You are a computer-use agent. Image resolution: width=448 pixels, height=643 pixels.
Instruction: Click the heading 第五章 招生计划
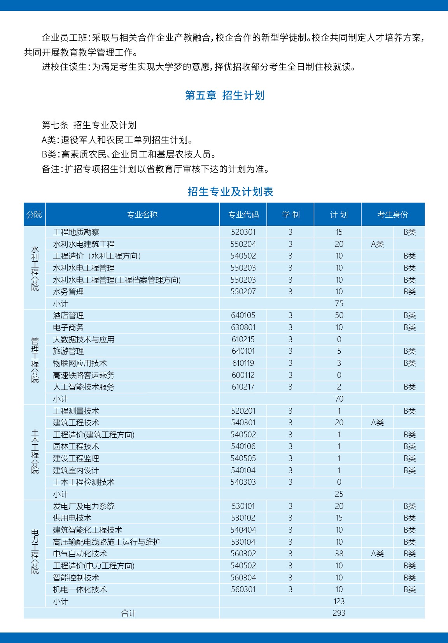click(225, 95)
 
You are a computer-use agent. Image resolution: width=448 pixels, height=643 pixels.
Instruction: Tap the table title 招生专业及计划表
click(230, 192)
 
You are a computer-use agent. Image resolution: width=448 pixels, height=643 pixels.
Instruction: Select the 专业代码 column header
click(243, 215)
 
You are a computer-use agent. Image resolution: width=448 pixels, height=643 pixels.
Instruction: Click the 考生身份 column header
click(392, 215)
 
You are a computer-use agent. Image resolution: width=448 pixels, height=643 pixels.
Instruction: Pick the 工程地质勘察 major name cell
click(76, 232)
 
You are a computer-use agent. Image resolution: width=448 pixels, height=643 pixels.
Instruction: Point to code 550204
click(243, 244)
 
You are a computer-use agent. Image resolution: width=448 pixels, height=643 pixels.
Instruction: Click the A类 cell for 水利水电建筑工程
click(377, 244)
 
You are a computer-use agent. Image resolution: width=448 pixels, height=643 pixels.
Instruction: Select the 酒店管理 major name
click(68, 315)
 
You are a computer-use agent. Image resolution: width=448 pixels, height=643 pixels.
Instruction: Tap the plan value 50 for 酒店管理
click(339, 315)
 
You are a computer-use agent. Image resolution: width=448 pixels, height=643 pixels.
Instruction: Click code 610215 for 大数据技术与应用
click(243, 339)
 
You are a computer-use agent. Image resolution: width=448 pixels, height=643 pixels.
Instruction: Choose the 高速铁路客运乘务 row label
click(84, 375)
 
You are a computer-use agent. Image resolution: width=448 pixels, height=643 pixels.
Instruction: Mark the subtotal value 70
click(339, 399)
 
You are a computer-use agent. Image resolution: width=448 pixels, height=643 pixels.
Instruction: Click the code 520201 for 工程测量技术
click(243, 411)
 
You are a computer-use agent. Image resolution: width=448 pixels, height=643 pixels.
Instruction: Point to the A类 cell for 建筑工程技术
click(377, 423)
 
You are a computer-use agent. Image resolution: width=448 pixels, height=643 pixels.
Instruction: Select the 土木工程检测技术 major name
click(84, 482)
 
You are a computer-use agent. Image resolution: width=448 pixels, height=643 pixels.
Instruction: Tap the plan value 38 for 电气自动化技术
click(339, 554)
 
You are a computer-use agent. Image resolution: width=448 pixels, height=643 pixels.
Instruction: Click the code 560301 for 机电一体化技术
click(243, 589)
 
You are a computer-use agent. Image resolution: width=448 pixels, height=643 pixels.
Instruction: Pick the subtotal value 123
click(339, 601)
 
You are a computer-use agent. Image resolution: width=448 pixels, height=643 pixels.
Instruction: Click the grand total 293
click(339, 613)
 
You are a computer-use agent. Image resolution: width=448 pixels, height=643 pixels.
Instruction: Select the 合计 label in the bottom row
click(129, 613)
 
